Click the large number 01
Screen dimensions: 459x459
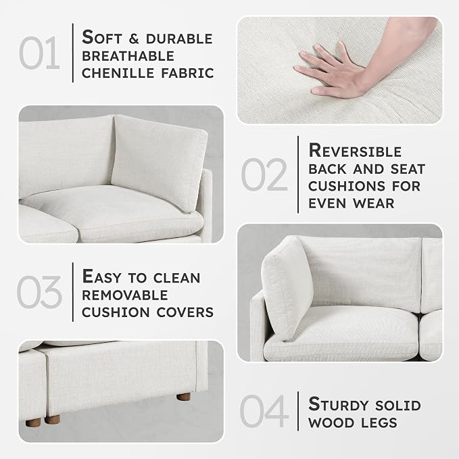(39, 53)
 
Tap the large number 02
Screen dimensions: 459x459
(264, 174)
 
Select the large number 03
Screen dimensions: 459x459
(39, 292)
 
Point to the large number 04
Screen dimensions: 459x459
(264, 411)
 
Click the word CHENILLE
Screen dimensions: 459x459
(118, 73)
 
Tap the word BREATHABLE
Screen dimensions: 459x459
(128, 56)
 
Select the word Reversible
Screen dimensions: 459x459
(355, 151)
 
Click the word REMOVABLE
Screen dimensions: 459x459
(125, 295)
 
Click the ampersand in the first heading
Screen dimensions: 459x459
(134, 39)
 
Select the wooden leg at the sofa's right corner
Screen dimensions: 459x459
(184, 397)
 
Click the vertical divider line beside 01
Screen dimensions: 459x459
(73, 53)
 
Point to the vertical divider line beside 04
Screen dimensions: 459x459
(298, 411)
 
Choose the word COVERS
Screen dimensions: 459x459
(185, 312)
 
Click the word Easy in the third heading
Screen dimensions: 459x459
(102, 276)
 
